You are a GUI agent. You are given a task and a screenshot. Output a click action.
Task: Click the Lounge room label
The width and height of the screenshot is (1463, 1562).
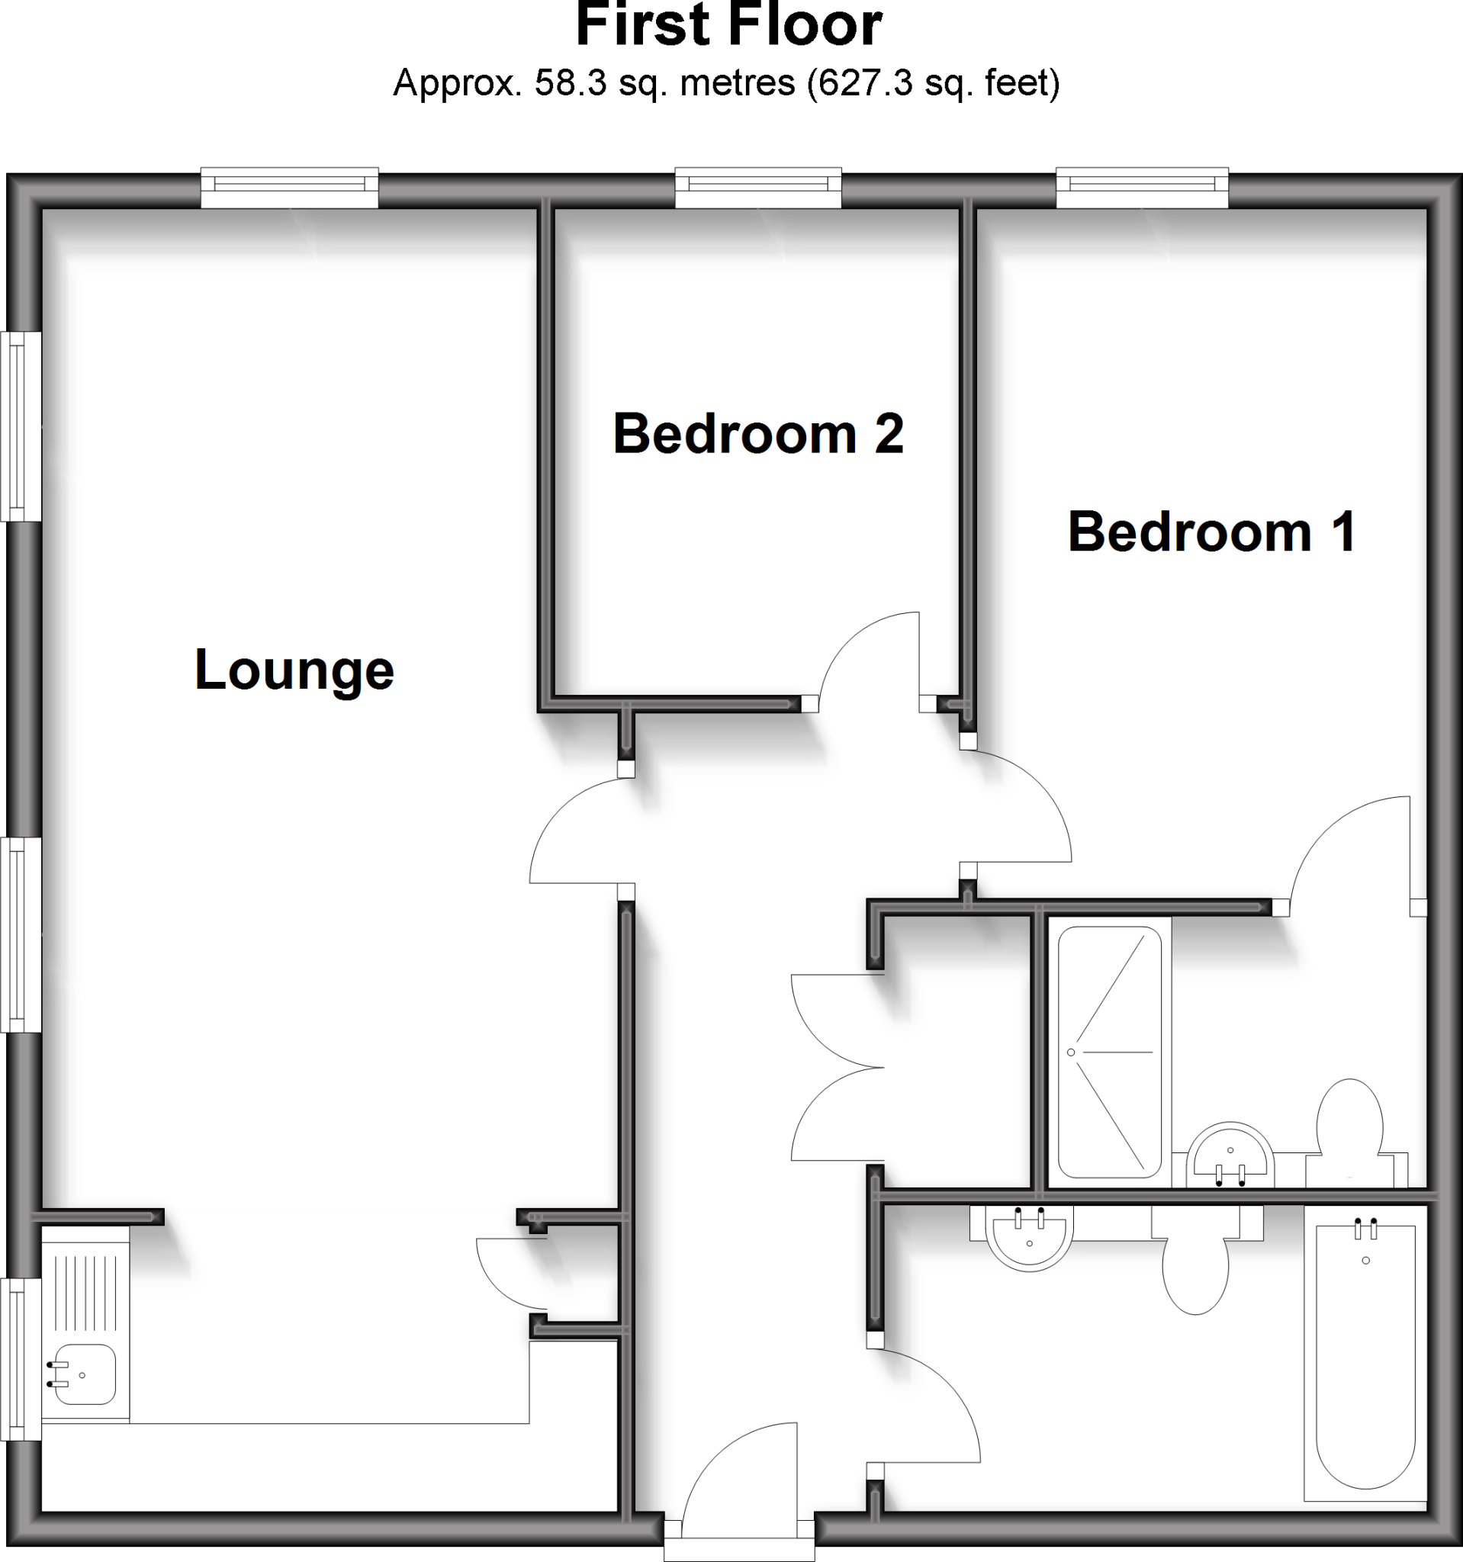294,670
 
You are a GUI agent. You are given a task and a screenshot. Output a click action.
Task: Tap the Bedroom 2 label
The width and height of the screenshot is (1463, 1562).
757,434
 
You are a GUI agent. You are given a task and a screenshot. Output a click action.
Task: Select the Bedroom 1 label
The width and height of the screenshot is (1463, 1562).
1211,532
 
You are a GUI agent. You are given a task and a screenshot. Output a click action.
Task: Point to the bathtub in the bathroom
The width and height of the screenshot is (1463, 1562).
1365,1352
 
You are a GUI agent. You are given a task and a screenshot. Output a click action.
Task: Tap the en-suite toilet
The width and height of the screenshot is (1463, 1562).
1349,1124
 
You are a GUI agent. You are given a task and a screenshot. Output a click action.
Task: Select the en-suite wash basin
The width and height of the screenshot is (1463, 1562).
1230,1155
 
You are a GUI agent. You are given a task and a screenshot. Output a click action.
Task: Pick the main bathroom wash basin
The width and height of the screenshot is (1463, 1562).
1028,1238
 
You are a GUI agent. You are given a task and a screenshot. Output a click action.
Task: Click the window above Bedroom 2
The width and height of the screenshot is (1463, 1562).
758,186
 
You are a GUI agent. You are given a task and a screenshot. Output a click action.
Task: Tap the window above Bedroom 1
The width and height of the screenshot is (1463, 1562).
1142,186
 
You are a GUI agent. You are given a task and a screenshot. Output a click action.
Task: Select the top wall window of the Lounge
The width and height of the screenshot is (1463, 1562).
289,186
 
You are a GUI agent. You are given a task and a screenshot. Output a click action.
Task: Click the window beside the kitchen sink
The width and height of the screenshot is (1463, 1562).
21,1359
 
